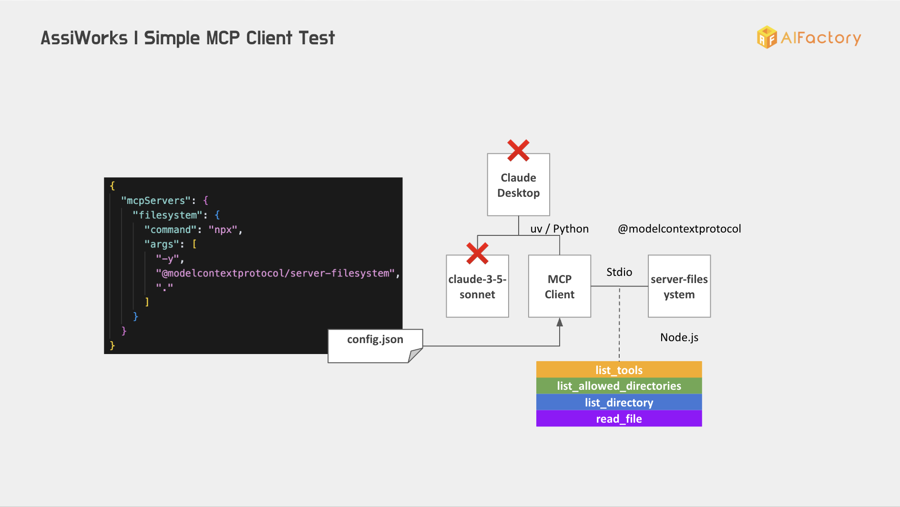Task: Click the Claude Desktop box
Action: coord(518,184)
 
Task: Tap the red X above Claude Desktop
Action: coord(518,150)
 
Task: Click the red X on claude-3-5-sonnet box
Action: coord(477,253)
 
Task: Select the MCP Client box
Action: coord(560,286)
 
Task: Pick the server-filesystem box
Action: coord(679,286)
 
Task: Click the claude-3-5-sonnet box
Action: coord(477,286)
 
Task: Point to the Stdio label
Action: coord(619,272)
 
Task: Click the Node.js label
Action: coord(679,337)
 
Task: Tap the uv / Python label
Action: coord(560,229)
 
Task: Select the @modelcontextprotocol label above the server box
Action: coord(679,229)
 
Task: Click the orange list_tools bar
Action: coord(619,370)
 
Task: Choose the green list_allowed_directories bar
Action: coord(619,386)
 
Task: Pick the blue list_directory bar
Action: coord(619,402)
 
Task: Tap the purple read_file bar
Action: coord(619,418)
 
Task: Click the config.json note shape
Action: coord(375,346)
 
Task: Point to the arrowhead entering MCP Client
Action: coord(560,322)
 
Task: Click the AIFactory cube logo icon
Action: coord(767,37)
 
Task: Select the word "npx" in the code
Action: coord(223,230)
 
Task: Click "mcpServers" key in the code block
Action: coord(156,201)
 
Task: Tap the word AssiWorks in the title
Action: coord(84,38)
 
